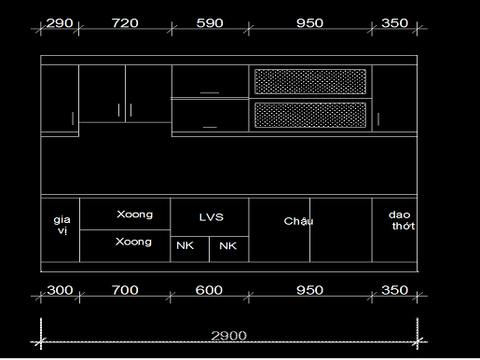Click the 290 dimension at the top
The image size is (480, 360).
60,23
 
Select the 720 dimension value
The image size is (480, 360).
125,23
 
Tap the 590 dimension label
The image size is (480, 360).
210,23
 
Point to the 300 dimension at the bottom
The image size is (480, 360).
60,290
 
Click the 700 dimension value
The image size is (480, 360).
125,290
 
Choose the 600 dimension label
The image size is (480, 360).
209,290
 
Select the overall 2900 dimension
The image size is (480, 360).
229,336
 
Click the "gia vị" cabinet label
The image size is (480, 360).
62,225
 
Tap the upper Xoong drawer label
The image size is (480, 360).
135,215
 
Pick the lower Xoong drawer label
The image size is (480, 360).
133,242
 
